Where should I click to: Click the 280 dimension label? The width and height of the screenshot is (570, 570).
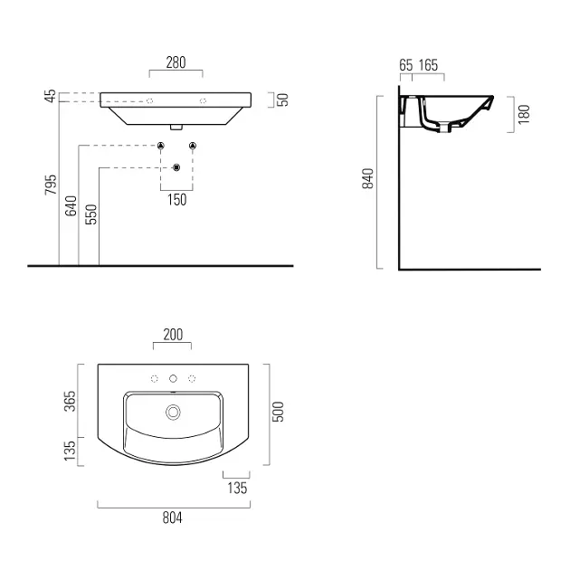176,62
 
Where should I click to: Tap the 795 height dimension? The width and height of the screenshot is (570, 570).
51,185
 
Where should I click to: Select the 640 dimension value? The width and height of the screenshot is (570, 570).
71,205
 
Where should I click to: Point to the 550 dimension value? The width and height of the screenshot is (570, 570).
91,214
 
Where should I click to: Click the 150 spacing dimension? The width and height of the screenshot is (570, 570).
177,200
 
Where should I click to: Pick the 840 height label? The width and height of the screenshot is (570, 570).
368,178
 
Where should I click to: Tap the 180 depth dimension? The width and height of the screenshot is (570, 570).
524,114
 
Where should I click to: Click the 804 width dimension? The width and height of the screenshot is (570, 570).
172,518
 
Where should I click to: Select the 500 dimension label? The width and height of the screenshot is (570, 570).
278,412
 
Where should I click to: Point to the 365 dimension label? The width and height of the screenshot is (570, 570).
70,402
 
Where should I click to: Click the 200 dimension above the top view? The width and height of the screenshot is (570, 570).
173,335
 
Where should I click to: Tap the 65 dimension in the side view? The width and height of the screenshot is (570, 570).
406,65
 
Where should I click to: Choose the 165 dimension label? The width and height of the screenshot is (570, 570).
428,65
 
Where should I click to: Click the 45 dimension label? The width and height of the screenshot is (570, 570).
51,96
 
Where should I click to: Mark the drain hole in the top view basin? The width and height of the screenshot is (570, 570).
173,413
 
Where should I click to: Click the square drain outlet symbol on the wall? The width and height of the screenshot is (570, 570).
176,167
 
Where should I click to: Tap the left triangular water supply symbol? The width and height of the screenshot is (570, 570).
161,146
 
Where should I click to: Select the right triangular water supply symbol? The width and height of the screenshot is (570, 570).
193,146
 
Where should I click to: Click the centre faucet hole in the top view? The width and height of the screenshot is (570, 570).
173,379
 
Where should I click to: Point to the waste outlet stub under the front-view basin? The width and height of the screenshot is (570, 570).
176,127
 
